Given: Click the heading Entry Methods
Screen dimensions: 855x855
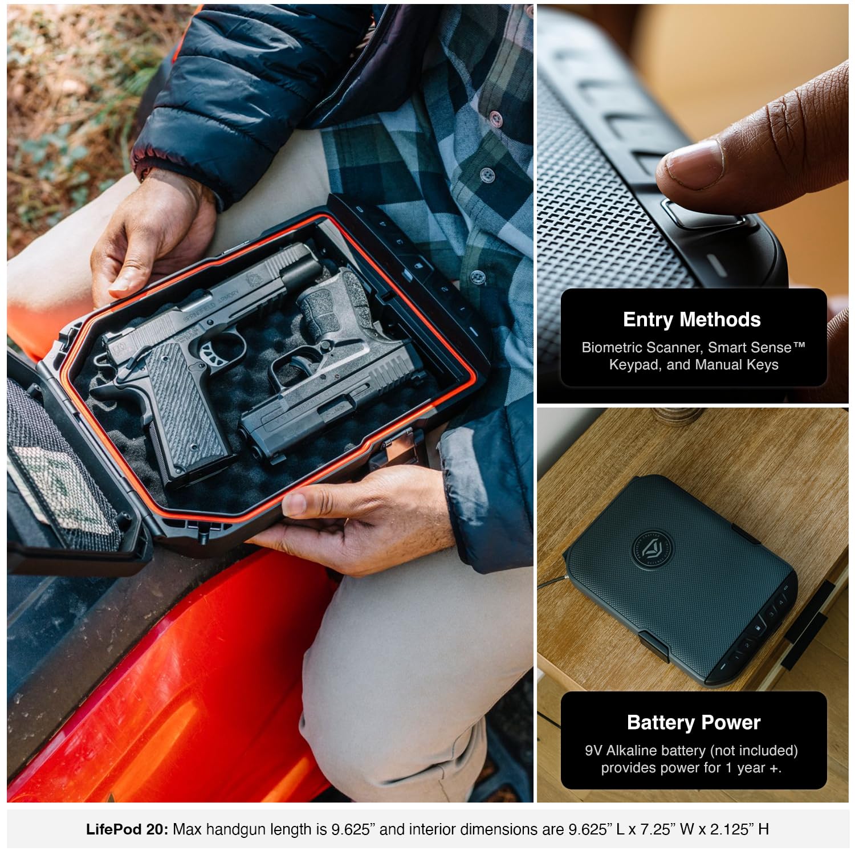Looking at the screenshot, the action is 692,320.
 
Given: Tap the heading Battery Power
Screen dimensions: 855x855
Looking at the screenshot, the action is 694,723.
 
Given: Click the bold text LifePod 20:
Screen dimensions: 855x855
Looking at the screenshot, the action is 127,829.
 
